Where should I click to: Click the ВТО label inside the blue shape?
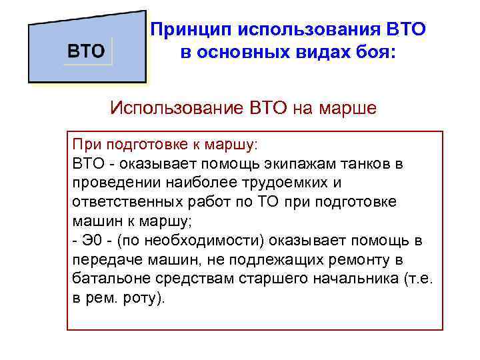pos(88,51)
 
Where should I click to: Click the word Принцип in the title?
pos(186,30)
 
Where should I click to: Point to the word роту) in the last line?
pos(144,298)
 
